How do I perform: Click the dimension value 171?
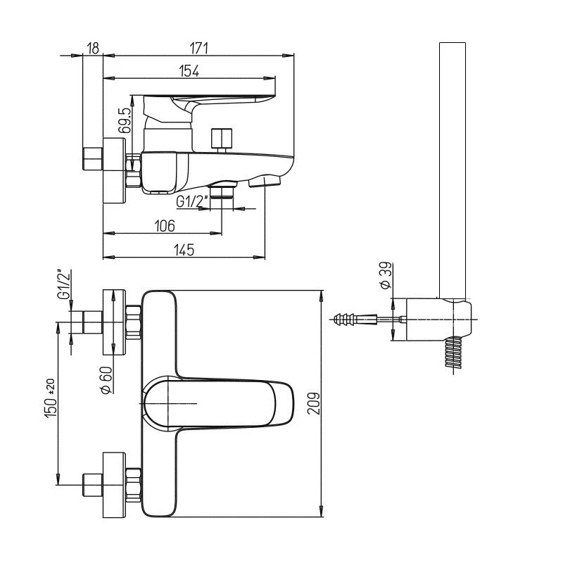coord(199,48)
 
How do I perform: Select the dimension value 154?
coord(189,70)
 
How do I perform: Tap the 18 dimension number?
coord(93,48)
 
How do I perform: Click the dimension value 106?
coord(164,225)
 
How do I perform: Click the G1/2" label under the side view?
coord(192,202)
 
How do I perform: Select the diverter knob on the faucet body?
coord(222,138)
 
